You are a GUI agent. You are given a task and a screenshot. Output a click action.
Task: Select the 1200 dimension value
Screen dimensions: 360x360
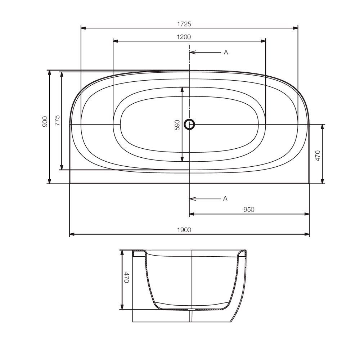point(184,37)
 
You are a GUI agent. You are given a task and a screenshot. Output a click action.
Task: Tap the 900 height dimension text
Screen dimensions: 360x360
point(45,121)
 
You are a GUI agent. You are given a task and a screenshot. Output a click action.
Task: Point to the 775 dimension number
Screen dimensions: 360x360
point(57,120)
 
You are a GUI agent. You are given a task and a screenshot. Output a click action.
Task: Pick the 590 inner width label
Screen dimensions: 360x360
point(177,125)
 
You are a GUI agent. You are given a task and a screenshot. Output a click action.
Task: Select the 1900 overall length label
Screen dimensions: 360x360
point(184,230)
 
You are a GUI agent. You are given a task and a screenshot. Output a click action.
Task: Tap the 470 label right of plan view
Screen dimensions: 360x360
point(318,156)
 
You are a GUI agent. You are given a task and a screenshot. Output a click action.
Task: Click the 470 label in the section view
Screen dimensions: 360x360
point(127,278)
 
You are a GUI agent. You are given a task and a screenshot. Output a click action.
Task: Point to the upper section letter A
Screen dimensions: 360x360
point(226,53)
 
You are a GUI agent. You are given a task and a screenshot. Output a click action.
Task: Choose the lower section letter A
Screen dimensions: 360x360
point(225,198)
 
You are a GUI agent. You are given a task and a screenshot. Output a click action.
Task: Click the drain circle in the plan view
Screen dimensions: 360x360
point(189,125)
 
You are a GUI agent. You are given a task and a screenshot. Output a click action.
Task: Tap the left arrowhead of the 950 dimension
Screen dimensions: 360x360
point(192,214)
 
